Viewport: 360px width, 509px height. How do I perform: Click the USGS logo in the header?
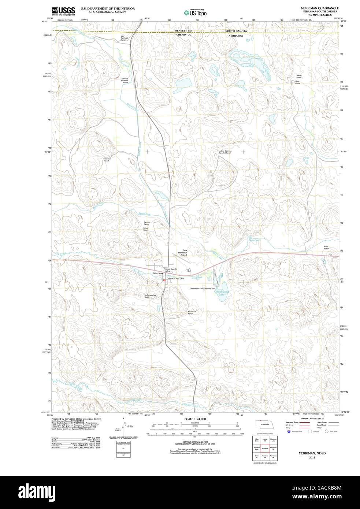[63, 11]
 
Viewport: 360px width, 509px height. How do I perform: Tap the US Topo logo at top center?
[196, 12]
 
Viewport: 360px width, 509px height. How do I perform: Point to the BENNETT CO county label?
[183, 31]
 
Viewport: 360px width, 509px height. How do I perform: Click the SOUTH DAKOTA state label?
[236, 31]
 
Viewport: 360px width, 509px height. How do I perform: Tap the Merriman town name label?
[159, 273]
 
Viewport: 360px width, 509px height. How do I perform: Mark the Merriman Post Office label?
[176, 279]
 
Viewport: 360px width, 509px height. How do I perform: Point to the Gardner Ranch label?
[107, 160]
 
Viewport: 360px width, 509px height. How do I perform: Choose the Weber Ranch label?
[299, 77]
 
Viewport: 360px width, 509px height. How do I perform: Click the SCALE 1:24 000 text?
[195, 419]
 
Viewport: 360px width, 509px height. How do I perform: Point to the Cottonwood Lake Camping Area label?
[202, 288]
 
